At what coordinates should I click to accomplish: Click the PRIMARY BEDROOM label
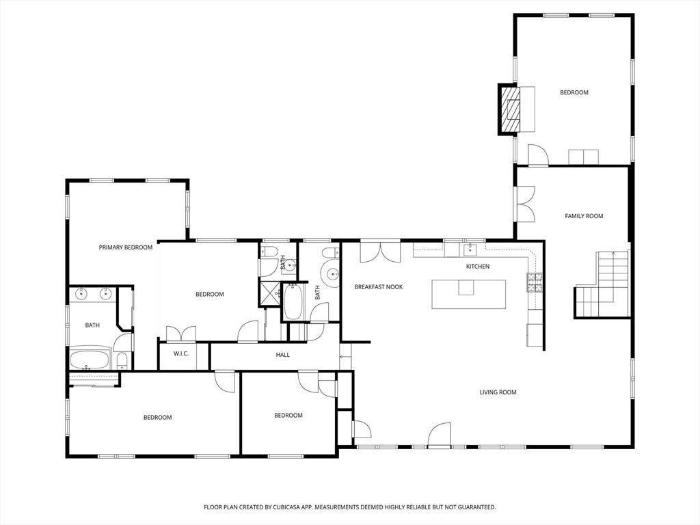[126, 247]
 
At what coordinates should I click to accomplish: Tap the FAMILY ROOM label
[584, 216]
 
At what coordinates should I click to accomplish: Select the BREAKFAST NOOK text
[379, 287]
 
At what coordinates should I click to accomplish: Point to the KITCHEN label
[478, 267]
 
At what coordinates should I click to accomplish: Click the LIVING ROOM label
[498, 392]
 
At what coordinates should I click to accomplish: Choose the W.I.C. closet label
[180, 354]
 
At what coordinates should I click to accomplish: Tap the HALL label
[282, 355]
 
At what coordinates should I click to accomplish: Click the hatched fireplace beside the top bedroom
[510, 109]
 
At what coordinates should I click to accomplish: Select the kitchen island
[469, 294]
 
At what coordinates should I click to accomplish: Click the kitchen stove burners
[535, 282]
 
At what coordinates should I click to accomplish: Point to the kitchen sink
[470, 250]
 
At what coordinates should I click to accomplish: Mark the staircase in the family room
[602, 284]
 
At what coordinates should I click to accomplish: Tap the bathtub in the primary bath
[90, 360]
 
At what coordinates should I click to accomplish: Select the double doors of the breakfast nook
[380, 252]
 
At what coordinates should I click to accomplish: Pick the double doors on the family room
[526, 204]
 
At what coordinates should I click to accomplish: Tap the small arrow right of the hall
[345, 357]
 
